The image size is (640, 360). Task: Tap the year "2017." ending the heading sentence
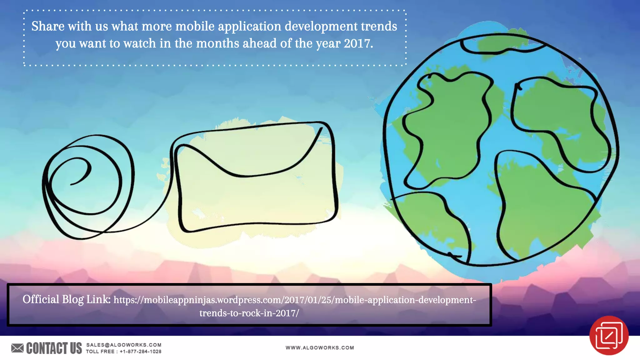[358, 43]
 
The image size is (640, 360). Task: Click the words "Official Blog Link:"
[66, 299]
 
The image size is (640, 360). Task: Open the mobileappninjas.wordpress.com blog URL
[294, 300]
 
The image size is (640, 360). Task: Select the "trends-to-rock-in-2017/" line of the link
[249, 313]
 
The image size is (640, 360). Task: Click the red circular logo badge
[609, 335]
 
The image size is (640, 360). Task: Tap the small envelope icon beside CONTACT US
[17, 348]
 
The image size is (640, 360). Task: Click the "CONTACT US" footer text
[54, 348]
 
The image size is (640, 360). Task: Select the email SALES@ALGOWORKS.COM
[124, 345]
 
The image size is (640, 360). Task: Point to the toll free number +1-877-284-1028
[141, 352]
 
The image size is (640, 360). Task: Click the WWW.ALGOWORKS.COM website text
[320, 348]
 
